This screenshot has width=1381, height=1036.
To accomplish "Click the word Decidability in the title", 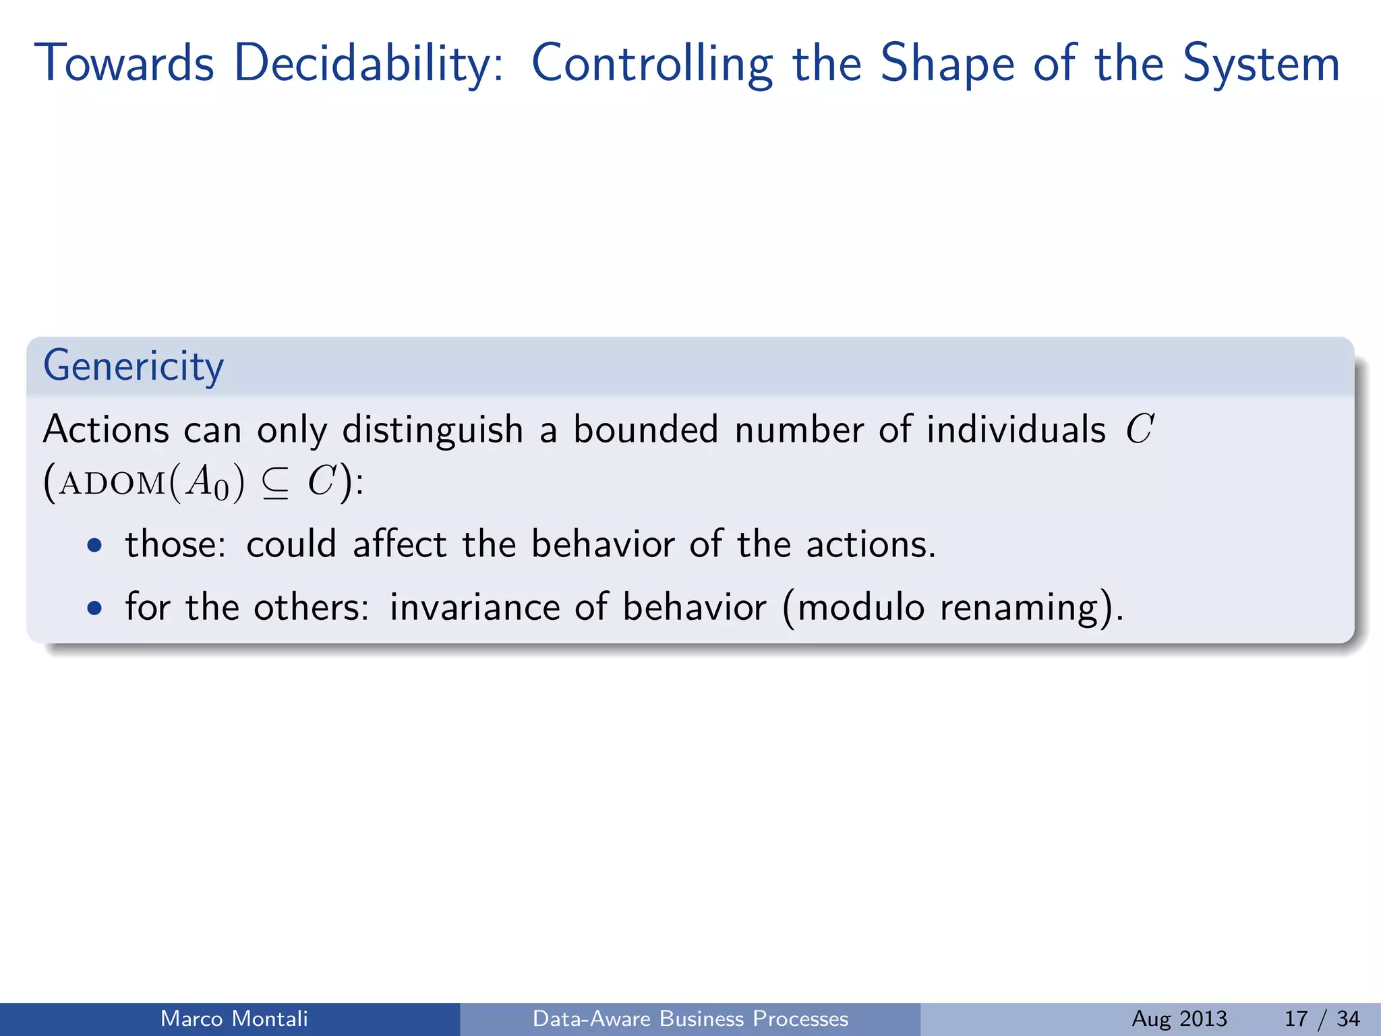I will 368,64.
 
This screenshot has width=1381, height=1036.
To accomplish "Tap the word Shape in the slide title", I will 947,64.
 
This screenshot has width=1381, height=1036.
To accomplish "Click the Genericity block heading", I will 133,366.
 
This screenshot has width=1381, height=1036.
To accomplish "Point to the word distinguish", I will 432,430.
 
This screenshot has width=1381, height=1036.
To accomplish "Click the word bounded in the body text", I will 645,430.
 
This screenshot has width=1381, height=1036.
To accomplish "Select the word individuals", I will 1016,430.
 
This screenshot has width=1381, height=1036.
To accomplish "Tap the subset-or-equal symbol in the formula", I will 275,484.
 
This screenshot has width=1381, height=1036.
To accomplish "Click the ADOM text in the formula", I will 112,484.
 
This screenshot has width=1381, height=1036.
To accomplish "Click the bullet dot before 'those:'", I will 95,545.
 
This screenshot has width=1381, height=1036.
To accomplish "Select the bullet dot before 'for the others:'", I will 95,608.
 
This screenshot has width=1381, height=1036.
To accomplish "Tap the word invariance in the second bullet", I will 474,607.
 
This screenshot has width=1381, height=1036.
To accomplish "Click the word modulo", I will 860,607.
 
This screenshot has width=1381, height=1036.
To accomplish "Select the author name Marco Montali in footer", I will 234,1018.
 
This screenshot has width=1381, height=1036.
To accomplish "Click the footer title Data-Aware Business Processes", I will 690,1018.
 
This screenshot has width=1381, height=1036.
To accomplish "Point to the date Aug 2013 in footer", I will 1179,1018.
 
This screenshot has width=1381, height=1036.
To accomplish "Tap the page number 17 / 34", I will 1322,1018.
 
